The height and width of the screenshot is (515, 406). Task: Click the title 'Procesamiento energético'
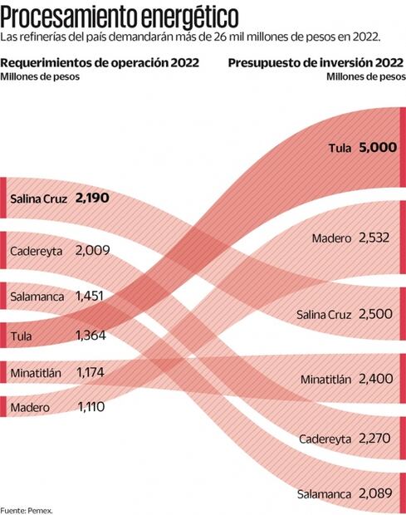click(x=122, y=16)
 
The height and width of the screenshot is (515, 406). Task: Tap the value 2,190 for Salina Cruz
click(x=92, y=199)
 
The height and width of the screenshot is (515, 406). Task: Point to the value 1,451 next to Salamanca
click(x=89, y=295)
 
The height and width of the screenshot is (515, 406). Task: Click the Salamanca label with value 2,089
click(x=324, y=494)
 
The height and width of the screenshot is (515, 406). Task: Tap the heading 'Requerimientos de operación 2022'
click(x=100, y=63)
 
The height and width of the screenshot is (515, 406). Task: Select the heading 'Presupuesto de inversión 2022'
click(x=316, y=63)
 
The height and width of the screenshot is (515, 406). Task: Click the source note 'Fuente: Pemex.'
click(x=26, y=509)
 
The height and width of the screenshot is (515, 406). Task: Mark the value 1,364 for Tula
click(x=89, y=336)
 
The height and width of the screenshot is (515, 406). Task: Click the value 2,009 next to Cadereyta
click(x=92, y=250)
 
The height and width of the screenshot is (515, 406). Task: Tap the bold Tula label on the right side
click(x=340, y=148)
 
